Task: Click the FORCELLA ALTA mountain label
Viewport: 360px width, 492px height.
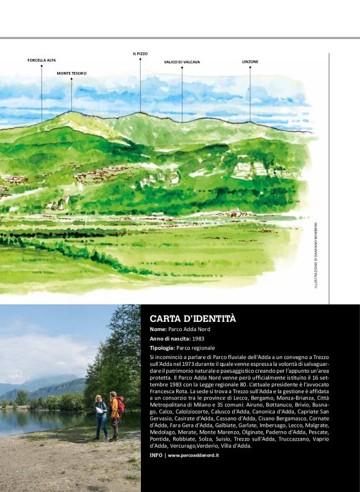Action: [42, 60]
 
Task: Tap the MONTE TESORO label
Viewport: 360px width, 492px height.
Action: [71, 73]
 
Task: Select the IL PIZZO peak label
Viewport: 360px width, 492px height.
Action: [140, 54]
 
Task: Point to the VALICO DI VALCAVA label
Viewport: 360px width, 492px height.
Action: [182, 62]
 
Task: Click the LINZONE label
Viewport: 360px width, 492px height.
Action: [250, 61]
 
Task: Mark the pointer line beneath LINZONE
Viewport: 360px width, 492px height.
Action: [250, 93]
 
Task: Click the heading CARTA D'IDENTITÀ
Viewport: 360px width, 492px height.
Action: [193, 319]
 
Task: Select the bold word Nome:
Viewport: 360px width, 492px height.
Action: [158, 329]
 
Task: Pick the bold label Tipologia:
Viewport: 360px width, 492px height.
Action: [163, 348]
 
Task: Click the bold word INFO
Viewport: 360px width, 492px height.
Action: [156, 455]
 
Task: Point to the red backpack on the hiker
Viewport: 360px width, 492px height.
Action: [121, 406]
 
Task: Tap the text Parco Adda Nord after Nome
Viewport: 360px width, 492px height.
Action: [189, 329]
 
